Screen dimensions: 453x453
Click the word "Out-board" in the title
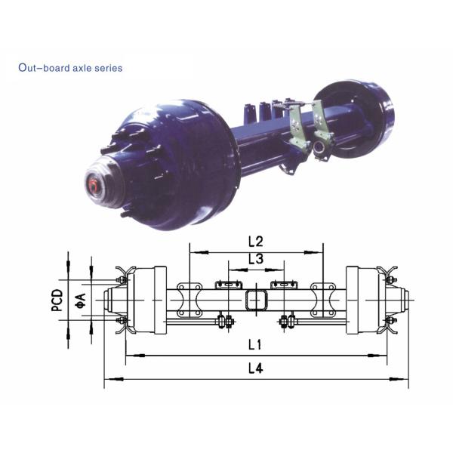click(x=41, y=68)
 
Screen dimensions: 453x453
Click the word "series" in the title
click(x=108, y=68)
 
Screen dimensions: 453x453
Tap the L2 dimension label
click(x=255, y=242)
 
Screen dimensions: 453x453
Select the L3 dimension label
click(x=255, y=260)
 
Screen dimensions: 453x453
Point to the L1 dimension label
click(x=254, y=345)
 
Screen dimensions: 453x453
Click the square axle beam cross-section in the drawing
click(x=255, y=299)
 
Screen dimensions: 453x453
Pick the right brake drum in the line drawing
click(x=361, y=300)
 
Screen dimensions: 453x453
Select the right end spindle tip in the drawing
click(x=407, y=300)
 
